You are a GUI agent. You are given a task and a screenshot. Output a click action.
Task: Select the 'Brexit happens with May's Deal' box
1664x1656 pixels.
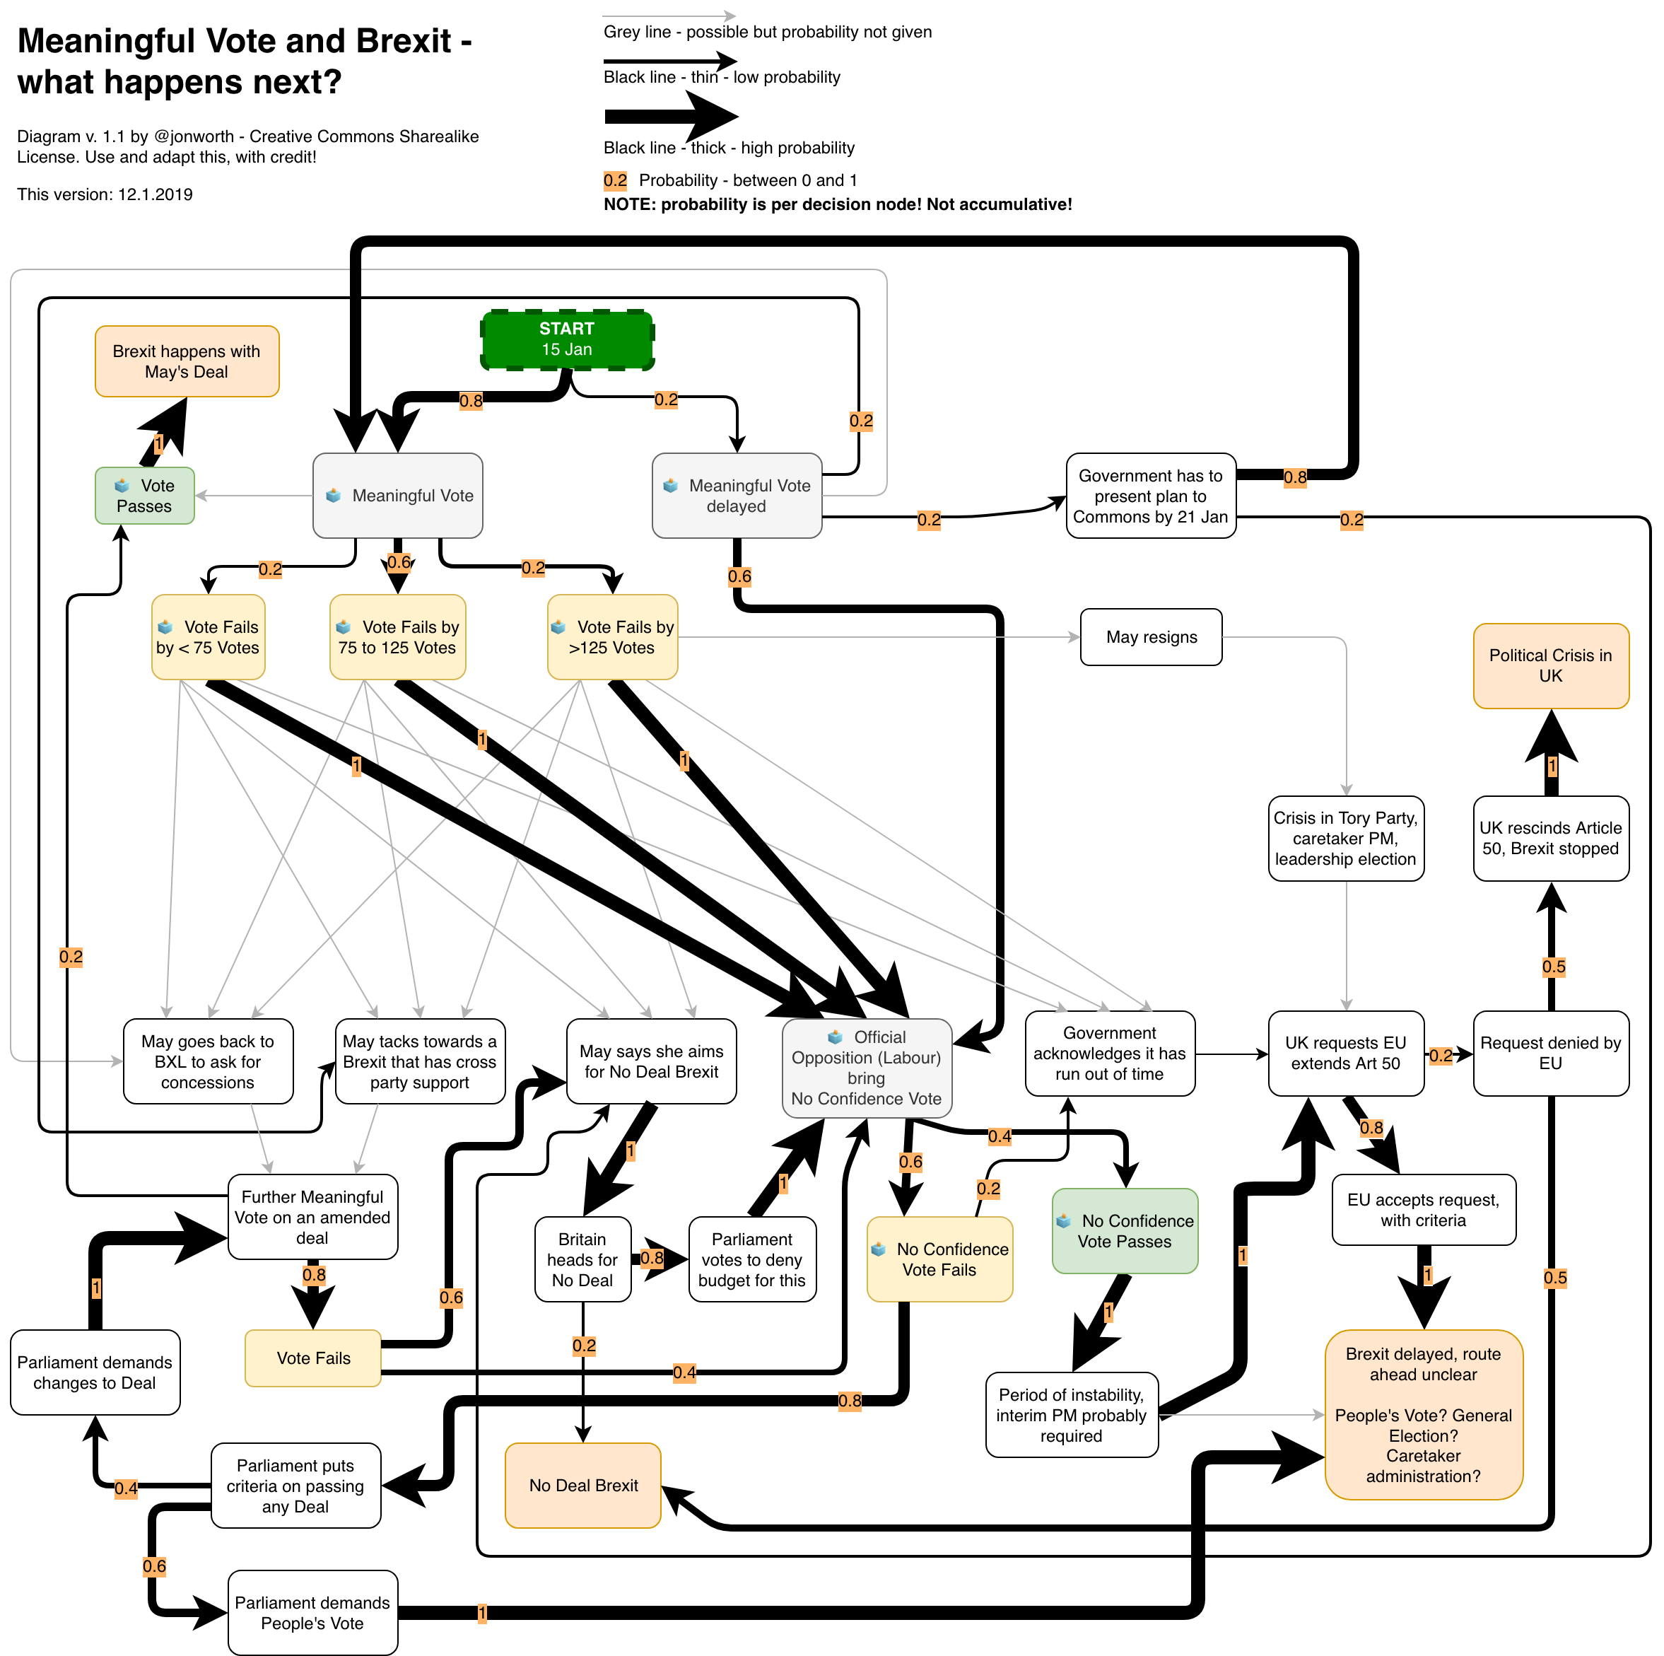coord(186,362)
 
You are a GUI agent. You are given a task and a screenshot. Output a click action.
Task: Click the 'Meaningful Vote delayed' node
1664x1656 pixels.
coord(737,496)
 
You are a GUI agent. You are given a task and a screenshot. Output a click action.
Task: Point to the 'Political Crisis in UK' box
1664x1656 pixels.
coord(1550,666)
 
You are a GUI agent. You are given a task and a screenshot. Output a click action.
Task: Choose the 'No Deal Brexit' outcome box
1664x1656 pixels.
coord(583,1486)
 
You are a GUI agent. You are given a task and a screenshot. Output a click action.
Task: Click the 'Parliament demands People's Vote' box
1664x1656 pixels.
coord(312,1613)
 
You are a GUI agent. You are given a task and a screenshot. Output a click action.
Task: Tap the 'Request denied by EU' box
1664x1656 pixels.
coord(1550,1053)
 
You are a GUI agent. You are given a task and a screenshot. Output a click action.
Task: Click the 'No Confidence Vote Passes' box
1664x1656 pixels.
coord(1125,1231)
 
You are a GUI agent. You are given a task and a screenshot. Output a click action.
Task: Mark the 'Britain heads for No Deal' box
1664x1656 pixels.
coord(582,1259)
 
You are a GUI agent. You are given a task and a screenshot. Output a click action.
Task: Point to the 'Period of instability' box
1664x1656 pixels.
coord(1071,1415)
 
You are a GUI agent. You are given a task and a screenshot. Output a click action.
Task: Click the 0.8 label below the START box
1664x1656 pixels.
coord(471,401)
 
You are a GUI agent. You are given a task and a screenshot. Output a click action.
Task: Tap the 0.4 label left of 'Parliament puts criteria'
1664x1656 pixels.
coord(126,1488)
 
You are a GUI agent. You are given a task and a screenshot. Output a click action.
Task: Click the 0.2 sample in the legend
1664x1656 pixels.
coord(615,180)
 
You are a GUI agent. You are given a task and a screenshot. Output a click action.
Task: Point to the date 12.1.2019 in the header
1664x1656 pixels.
coord(155,194)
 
